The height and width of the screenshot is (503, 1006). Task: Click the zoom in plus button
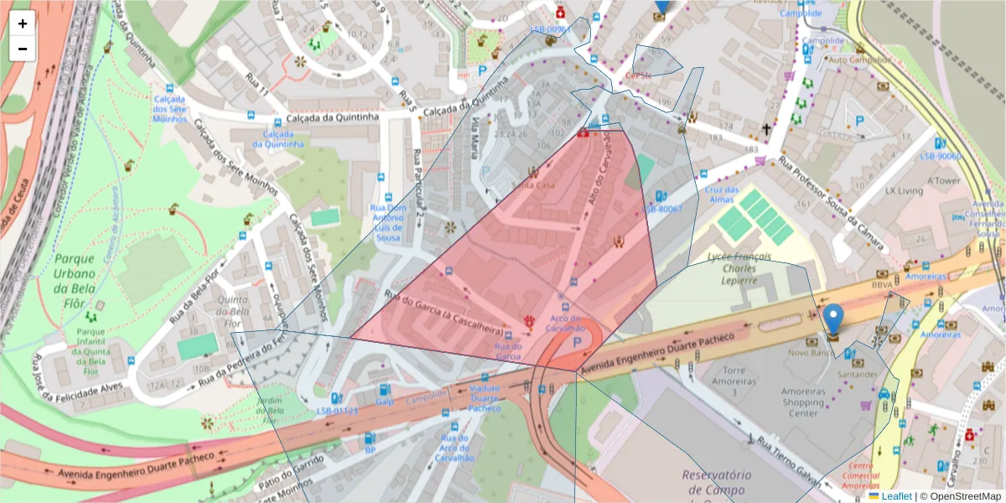(23, 23)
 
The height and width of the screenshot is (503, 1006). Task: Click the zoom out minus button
(23, 49)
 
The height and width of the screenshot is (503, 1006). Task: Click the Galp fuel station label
(384, 401)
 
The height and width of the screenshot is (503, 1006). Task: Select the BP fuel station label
(370, 450)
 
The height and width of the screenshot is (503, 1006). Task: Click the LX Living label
(904, 191)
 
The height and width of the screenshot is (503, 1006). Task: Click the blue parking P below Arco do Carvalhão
(577, 343)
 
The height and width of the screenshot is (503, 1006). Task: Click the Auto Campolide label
(859, 60)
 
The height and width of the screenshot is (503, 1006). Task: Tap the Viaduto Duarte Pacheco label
(484, 398)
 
